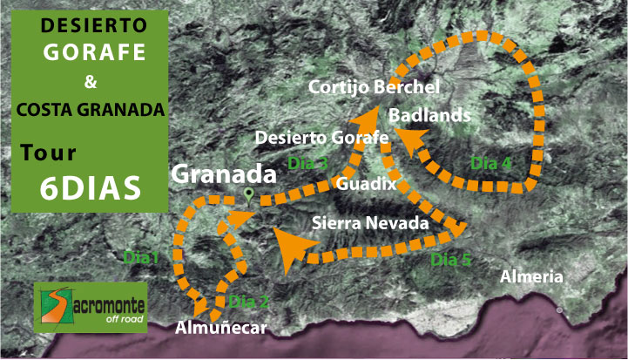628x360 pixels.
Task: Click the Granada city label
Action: (224, 173)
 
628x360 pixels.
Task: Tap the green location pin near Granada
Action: (249, 194)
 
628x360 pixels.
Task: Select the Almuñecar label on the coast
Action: (219, 328)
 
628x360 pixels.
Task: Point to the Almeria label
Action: (531, 277)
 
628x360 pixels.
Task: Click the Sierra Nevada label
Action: (370, 223)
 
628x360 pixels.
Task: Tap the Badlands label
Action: (430, 115)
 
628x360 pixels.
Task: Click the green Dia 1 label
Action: (141, 257)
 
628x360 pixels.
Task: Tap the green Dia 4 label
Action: (490, 162)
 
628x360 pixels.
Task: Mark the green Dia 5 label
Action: (451, 258)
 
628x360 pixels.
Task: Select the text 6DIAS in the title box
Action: (91, 189)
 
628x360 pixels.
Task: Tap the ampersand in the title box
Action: (91, 85)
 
